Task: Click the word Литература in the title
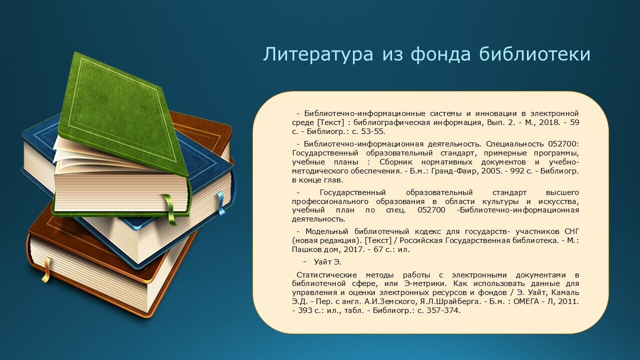318,54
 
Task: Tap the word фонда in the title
440,54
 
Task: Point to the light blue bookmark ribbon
221,203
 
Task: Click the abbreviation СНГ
571,231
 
